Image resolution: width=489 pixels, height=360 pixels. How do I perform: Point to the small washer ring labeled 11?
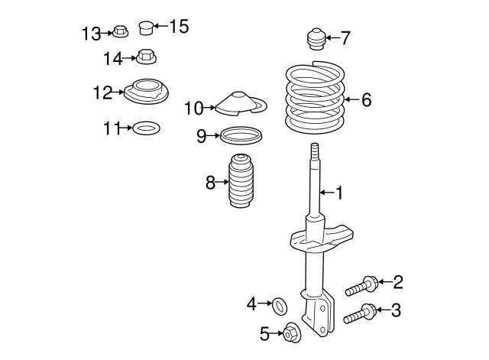coord(146,128)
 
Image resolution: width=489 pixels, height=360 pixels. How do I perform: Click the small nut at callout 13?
coord(119,32)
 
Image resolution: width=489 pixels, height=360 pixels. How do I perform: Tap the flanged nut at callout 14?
coord(147,56)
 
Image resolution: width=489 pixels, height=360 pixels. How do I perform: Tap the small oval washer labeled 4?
coord(280,306)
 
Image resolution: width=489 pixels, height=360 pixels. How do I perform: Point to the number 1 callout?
coord(338,193)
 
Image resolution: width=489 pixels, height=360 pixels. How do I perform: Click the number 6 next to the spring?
coord(367,99)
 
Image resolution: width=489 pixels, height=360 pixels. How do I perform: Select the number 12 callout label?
coord(102,92)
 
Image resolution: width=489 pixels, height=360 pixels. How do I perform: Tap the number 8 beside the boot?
coord(210,183)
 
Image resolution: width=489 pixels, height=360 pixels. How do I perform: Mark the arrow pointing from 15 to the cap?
coord(160,28)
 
